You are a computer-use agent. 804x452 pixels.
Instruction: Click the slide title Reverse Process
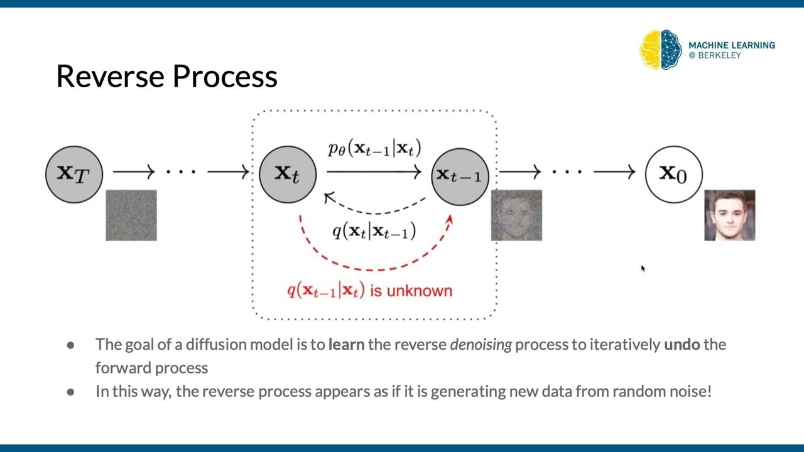pos(166,77)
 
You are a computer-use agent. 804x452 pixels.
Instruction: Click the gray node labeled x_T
pos(74,174)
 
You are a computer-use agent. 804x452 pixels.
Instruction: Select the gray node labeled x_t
pos(288,174)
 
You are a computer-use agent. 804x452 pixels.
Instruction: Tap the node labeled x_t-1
pos(460,176)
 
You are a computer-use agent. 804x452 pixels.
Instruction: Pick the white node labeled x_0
pos(673,174)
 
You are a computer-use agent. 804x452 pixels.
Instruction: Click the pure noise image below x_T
pos(131,215)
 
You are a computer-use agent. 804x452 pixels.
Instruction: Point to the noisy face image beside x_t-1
pos(516,215)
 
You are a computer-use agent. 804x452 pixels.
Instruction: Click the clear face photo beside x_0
pos(729,215)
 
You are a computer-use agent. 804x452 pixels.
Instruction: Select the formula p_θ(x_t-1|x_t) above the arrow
pos(374,149)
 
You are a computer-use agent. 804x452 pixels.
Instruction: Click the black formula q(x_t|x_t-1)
pos(374,231)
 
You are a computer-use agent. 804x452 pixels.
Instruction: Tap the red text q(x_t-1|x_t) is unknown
pos(369,291)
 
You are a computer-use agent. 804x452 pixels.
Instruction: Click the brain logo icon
pos(661,50)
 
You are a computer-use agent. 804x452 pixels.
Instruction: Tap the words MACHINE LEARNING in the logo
pos(731,45)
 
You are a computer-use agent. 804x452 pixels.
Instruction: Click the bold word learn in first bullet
pos(346,345)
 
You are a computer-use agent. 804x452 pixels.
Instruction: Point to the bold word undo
pos(682,345)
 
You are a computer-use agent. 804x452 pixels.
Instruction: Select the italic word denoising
pos(481,345)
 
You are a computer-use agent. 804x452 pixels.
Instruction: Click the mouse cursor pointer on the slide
pos(643,268)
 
